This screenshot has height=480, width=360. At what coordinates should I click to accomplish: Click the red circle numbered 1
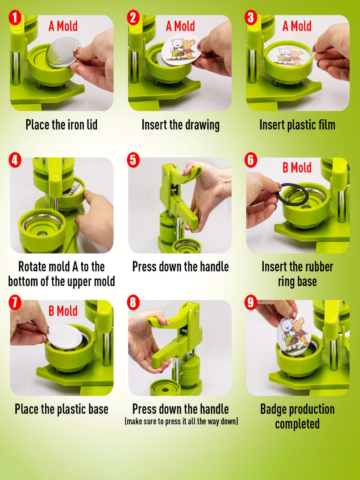(15, 18)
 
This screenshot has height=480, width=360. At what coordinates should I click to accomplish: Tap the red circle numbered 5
(133, 160)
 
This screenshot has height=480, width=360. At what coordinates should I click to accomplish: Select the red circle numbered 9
(251, 302)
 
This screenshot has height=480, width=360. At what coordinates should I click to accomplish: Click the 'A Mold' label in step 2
(180, 26)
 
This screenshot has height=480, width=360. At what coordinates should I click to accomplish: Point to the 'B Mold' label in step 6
(297, 168)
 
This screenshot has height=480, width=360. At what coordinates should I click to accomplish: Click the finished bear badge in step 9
(295, 333)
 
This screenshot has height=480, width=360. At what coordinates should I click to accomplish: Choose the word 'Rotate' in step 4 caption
(30, 267)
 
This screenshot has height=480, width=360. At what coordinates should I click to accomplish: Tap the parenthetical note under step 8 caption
(181, 421)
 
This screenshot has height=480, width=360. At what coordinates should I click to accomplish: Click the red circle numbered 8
(133, 302)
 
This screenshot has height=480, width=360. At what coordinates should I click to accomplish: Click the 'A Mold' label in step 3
(297, 26)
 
